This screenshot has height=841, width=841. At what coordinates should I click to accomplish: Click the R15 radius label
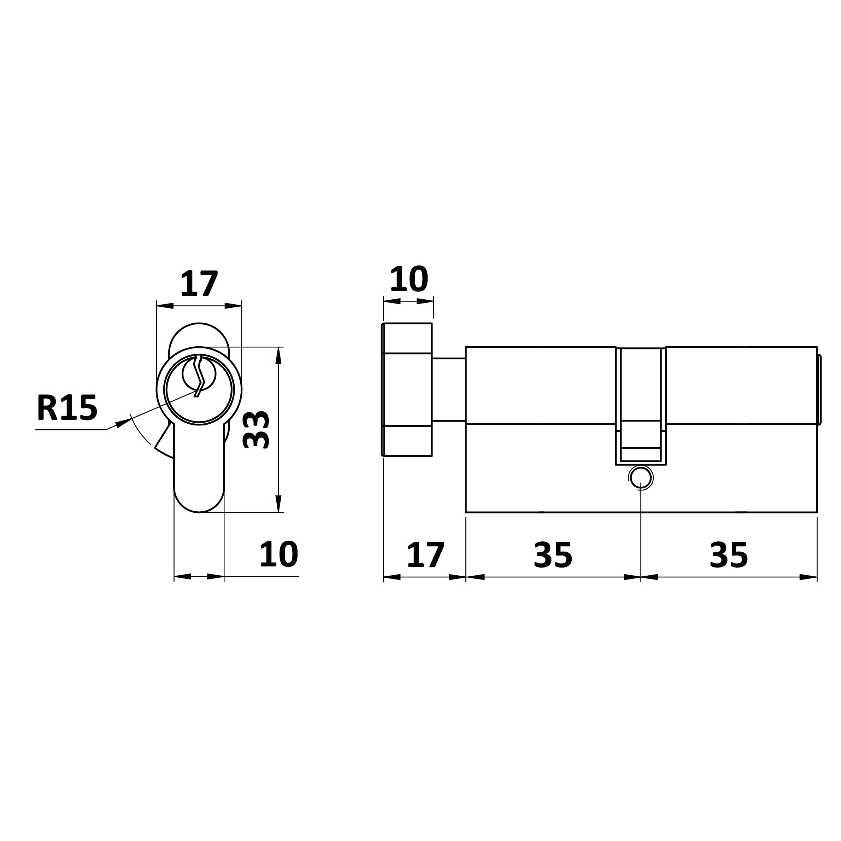point(67,407)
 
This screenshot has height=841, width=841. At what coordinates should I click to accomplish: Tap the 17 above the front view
point(199,283)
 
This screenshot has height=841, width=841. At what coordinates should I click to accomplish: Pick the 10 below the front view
point(278,554)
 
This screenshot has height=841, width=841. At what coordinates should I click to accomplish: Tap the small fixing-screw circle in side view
point(641,478)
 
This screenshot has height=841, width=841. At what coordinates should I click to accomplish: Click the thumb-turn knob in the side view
point(407,390)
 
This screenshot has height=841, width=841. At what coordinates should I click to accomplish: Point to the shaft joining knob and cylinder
point(449,390)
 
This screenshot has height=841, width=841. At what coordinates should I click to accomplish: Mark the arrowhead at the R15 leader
point(123,423)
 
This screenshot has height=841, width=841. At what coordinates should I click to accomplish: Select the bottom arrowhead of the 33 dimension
point(278,504)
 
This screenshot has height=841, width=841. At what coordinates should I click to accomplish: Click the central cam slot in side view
point(641,406)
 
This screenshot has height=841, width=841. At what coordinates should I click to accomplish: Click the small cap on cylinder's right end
point(819,390)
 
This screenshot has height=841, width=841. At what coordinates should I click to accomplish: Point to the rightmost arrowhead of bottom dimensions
point(808,577)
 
